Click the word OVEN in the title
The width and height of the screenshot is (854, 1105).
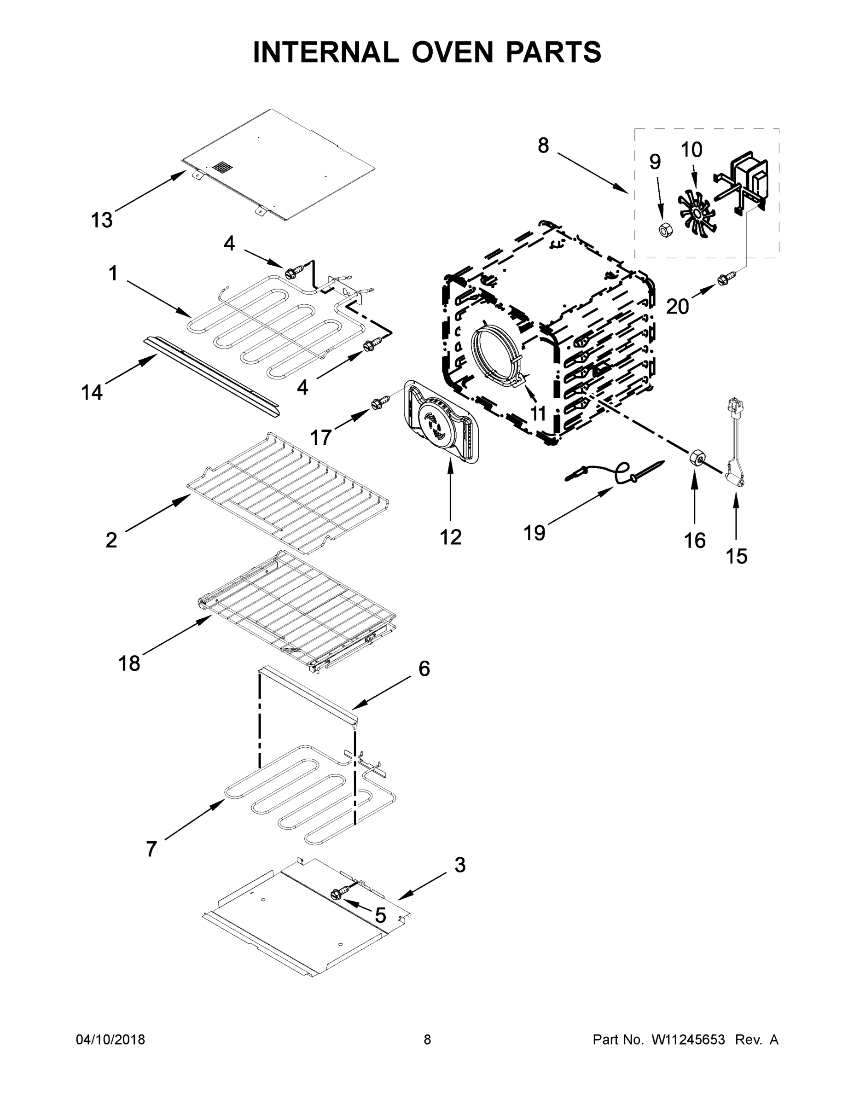tap(452, 52)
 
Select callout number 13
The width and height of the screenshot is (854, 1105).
tap(102, 221)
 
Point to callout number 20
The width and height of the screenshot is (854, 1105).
tap(677, 307)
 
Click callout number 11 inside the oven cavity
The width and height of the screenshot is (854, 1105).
tap(538, 413)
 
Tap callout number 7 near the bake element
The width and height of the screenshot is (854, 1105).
tap(151, 849)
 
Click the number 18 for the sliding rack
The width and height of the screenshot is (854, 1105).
tap(129, 663)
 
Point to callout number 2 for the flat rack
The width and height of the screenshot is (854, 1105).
tap(111, 540)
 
